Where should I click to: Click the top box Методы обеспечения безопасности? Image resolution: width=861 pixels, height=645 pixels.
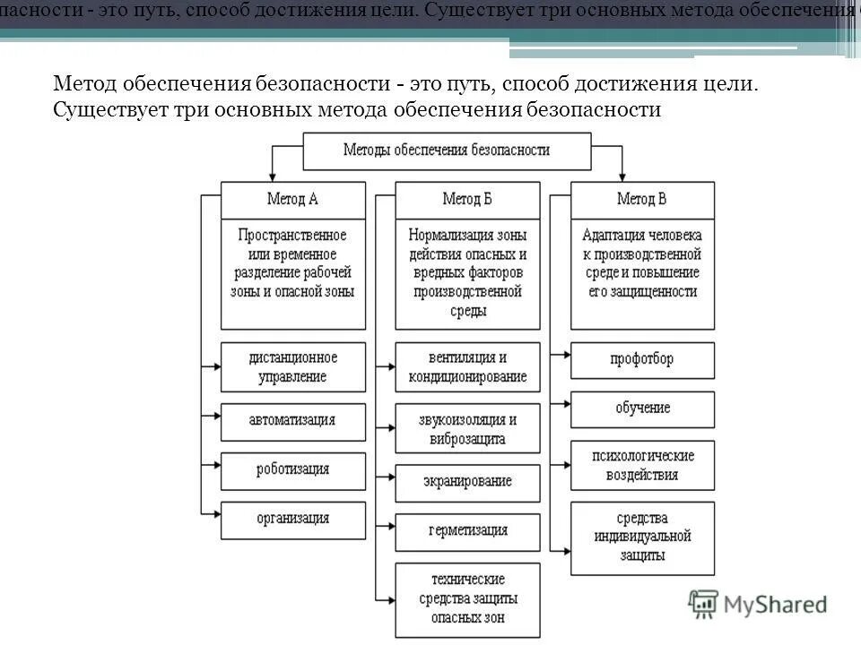point(447,150)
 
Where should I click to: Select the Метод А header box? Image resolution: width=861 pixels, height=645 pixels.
point(292,199)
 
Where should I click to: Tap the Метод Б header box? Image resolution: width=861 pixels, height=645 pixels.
point(467,199)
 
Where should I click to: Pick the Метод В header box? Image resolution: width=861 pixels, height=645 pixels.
point(642,199)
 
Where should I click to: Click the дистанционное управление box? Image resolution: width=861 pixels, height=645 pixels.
point(292,366)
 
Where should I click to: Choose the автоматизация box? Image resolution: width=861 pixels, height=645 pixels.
point(292,420)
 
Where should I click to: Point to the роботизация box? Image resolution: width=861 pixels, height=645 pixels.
point(292,469)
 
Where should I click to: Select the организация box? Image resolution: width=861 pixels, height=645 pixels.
point(292,519)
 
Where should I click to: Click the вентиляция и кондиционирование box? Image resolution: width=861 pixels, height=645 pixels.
point(467,366)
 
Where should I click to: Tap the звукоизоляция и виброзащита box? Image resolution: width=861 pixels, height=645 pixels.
point(467,428)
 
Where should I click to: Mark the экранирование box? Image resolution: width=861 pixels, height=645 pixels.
point(467,482)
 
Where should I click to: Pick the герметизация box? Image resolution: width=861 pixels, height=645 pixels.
point(467,530)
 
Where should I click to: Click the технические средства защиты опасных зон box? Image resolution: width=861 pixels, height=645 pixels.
point(467,598)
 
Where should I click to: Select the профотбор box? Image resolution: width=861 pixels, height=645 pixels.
point(642,359)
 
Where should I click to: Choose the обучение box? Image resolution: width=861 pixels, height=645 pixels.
point(642,408)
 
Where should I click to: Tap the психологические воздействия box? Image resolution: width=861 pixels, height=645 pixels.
point(642,465)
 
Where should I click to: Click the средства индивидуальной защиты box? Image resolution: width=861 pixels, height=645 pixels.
point(642,537)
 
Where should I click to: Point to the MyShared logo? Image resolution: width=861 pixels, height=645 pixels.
point(759,605)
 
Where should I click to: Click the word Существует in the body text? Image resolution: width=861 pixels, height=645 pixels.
point(99,110)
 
